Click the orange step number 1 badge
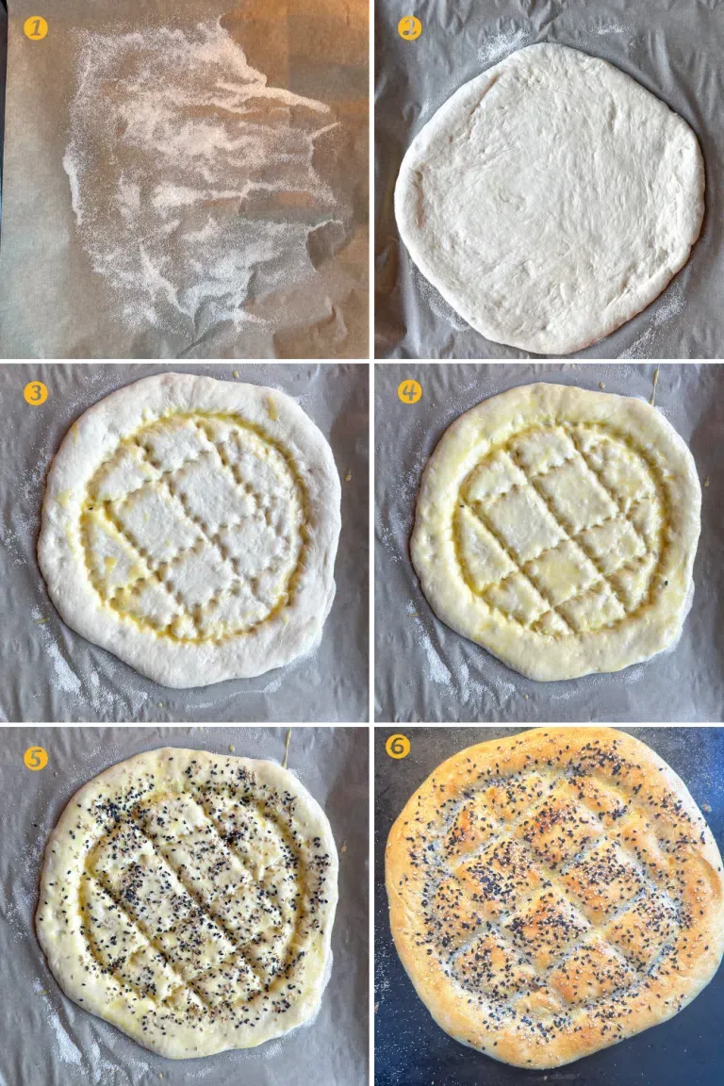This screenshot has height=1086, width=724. pyautogui.click(x=35, y=28)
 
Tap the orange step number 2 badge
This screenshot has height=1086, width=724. pyautogui.click(x=409, y=28)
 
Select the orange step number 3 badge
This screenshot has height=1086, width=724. pyautogui.click(x=35, y=392)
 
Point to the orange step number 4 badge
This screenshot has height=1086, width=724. pyautogui.click(x=409, y=391)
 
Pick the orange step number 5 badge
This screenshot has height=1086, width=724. pyautogui.click(x=35, y=757)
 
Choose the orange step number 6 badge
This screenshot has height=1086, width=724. pyautogui.click(x=398, y=747)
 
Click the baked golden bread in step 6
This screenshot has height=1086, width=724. pyautogui.click(x=553, y=896)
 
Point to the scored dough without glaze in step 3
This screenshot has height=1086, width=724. pyautogui.click(x=189, y=528)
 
